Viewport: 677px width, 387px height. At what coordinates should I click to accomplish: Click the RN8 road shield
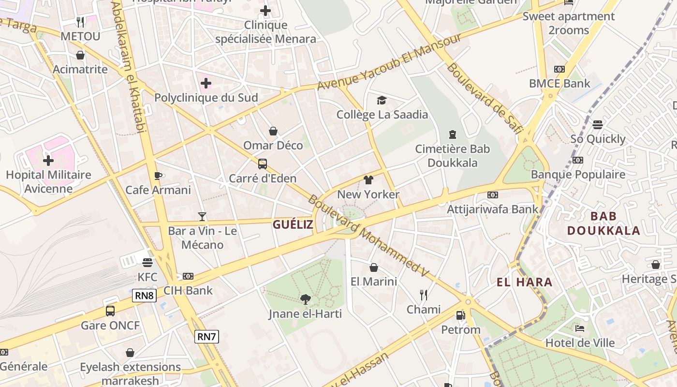[x=145, y=296]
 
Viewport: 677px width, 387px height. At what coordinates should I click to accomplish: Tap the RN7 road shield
[x=206, y=337]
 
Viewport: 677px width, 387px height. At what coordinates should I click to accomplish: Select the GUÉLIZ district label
[x=293, y=224]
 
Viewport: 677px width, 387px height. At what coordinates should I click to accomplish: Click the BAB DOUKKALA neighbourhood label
[x=603, y=223]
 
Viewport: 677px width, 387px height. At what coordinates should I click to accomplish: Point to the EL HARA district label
[x=524, y=282]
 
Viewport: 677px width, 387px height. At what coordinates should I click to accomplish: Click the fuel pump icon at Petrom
[x=460, y=315]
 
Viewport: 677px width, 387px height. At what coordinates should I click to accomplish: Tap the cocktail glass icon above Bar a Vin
[x=202, y=217]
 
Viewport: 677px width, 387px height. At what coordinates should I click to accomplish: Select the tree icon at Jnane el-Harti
[x=305, y=299]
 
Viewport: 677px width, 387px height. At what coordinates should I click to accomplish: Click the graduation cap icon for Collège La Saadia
[x=382, y=100]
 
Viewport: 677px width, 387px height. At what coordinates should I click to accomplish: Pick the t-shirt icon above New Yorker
[x=368, y=180]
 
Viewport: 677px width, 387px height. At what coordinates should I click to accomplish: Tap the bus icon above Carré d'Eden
[x=262, y=164]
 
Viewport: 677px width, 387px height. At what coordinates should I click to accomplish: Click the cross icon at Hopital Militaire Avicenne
[x=48, y=160]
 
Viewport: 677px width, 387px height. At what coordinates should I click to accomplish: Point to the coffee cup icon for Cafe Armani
[x=158, y=176]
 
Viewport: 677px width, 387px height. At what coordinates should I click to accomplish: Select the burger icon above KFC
[x=147, y=263]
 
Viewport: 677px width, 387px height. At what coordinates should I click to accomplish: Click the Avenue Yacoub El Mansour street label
[x=389, y=61]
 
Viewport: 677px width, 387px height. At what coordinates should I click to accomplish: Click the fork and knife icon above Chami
[x=424, y=295]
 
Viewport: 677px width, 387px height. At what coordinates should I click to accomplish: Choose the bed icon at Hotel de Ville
[x=580, y=328]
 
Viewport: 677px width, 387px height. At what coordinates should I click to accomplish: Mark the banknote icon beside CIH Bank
[x=188, y=276]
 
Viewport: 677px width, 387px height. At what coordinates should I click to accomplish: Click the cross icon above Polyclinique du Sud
[x=206, y=83]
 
